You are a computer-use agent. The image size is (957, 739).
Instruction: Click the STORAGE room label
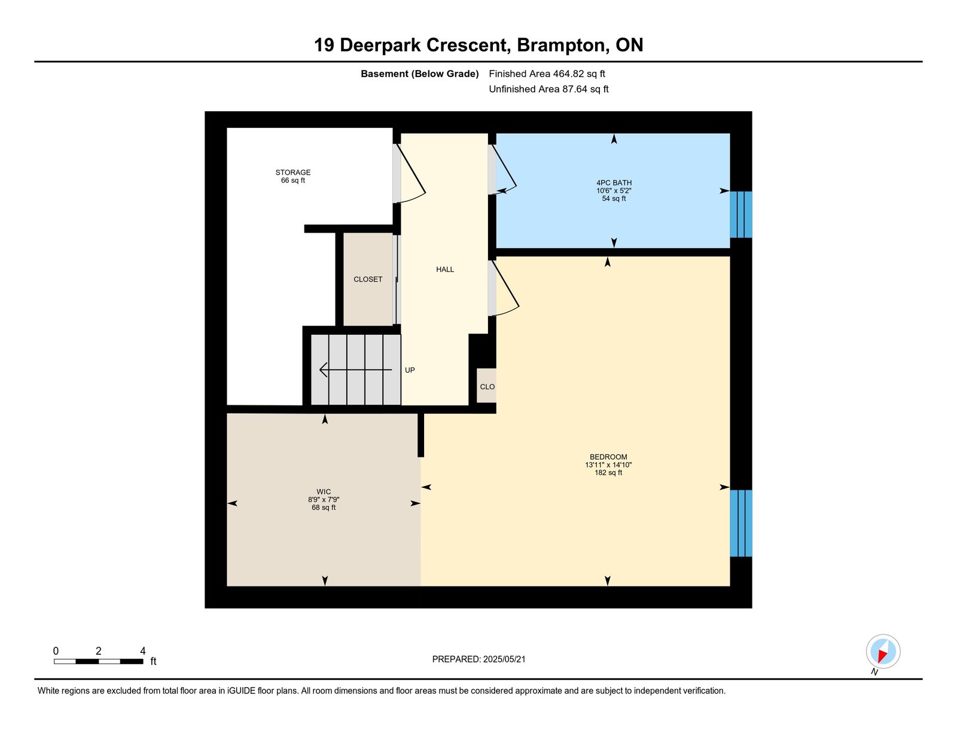click(x=293, y=172)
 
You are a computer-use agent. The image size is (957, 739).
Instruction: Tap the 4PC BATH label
click(x=614, y=183)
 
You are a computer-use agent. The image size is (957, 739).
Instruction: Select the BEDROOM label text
click(x=608, y=457)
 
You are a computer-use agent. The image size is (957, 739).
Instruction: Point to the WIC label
click(x=324, y=491)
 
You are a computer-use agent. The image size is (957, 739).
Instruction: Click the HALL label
click(x=445, y=270)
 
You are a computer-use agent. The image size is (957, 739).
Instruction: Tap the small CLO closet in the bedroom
click(x=487, y=386)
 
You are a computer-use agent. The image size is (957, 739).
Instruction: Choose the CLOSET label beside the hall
click(x=368, y=279)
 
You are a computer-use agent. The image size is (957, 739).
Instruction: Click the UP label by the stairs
click(x=410, y=370)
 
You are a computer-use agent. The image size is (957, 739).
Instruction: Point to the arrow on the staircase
click(x=355, y=369)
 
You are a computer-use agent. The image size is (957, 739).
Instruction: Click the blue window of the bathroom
click(x=740, y=215)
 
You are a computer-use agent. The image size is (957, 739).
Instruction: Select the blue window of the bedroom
click(x=740, y=523)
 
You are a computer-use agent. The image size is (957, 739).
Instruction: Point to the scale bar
click(x=99, y=661)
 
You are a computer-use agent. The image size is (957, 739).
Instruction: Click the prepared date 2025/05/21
click(x=504, y=659)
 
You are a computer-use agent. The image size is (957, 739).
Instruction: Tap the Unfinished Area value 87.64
click(x=575, y=89)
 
